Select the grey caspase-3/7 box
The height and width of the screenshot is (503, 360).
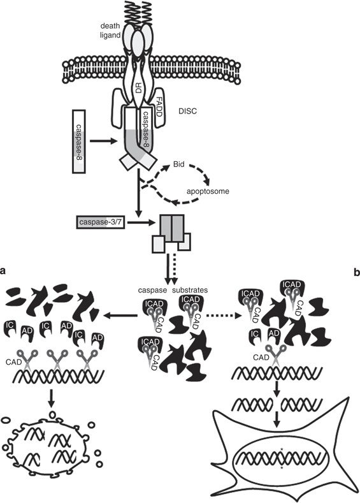[99, 222]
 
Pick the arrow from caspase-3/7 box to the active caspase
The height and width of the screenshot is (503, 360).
[136, 222]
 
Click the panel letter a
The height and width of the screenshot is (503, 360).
[4, 270]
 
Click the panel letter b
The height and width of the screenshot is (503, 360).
[355, 270]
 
